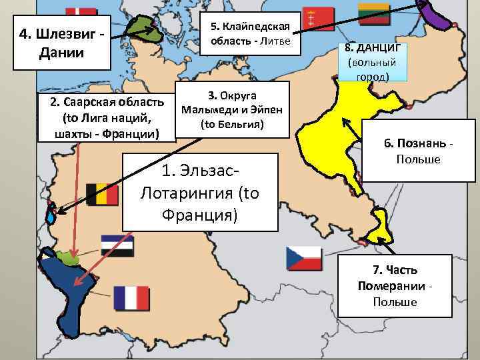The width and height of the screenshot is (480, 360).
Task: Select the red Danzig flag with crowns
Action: [313, 18]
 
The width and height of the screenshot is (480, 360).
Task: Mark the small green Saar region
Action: [69, 256]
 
